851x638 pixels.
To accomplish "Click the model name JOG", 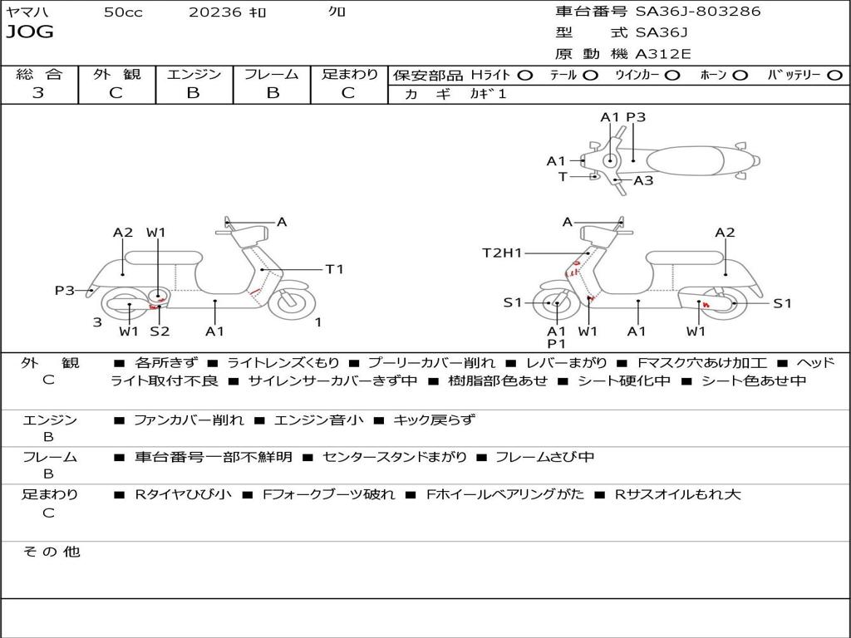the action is [x=30, y=32].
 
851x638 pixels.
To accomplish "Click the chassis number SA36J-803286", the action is [x=698, y=11].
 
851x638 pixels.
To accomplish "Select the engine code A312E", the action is [x=662, y=54].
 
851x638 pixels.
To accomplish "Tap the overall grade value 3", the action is [x=38, y=92].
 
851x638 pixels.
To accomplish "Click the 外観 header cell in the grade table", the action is [x=116, y=74].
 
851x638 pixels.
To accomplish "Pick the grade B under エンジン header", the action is [x=193, y=92].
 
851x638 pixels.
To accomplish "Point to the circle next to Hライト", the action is [x=525, y=76].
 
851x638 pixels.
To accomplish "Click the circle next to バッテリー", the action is [x=835, y=76].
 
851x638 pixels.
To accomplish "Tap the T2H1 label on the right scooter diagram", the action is [x=502, y=253].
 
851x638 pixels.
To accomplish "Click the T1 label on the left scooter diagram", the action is [x=334, y=269].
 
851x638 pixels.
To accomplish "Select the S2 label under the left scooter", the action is [x=160, y=331].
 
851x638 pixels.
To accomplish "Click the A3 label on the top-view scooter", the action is [x=643, y=180].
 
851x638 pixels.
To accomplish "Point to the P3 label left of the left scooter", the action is [x=65, y=291].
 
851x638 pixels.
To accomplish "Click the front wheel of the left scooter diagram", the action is [x=288, y=301].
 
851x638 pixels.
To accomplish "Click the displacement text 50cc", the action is [x=123, y=12].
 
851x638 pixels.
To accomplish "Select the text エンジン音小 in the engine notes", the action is [x=318, y=420].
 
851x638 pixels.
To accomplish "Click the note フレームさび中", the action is [x=544, y=458].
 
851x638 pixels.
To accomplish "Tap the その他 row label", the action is [x=51, y=552].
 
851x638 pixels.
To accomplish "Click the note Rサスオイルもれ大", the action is [x=677, y=494].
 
